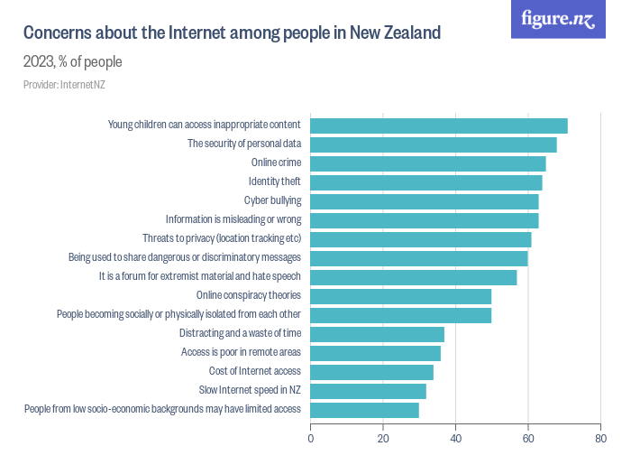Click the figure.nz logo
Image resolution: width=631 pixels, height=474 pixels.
[x=558, y=19]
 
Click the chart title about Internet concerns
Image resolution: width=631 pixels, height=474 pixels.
[x=232, y=33]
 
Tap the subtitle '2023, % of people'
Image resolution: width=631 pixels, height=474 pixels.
[x=72, y=62]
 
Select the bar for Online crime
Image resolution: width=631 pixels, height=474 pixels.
[x=428, y=163]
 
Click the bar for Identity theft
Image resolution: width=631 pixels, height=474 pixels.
[x=426, y=182]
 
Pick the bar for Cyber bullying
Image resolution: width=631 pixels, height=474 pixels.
[x=425, y=201]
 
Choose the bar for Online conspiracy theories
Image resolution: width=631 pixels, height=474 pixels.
[x=401, y=296]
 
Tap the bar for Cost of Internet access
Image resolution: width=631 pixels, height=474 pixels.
[x=372, y=372]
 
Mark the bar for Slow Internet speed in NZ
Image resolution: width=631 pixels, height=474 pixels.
[x=369, y=391]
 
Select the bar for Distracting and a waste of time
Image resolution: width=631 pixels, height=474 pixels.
[x=378, y=334]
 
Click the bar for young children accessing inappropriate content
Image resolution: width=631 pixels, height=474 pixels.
[x=439, y=125]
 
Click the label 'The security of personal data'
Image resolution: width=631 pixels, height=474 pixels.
[x=243, y=144]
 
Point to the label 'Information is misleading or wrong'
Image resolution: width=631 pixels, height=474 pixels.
[x=233, y=220]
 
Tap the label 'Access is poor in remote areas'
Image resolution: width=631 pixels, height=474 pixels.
[x=241, y=353]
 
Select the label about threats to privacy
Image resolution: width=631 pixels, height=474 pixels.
[x=221, y=239]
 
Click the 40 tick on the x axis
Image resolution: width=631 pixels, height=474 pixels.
[x=455, y=440]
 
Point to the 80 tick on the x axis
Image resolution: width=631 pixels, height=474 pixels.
[x=599, y=440]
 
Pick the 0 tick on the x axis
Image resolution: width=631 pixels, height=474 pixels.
[x=311, y=440]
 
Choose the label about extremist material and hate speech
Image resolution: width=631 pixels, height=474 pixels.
[x=199, y=277]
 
